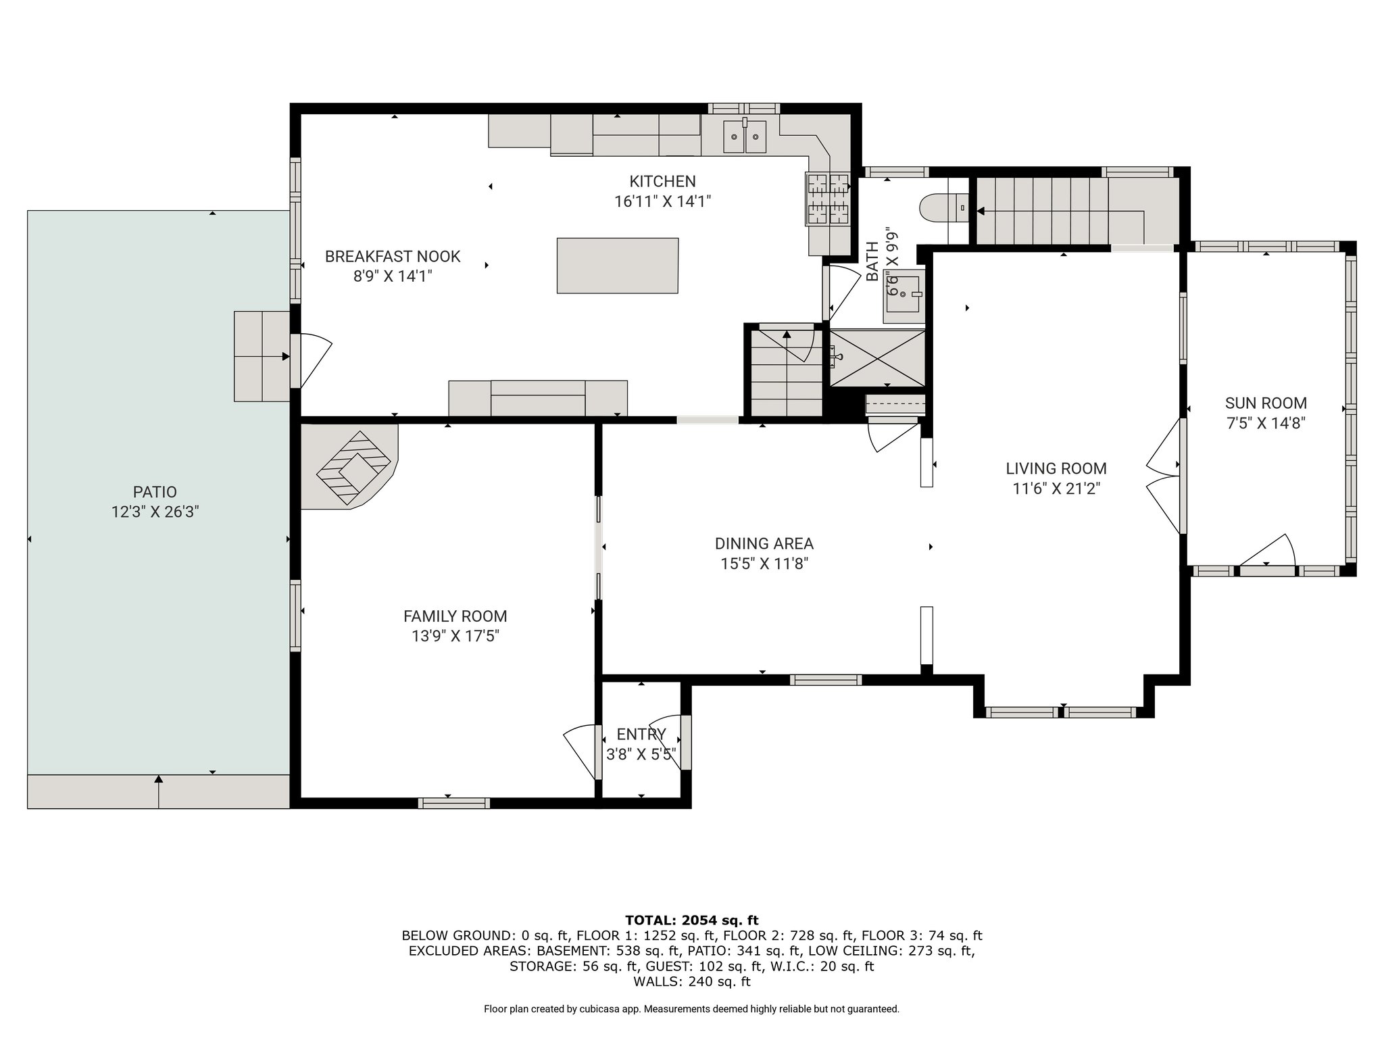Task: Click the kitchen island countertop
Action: pyautogui.click(x=617, y=266)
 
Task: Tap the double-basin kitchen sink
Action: pyautogui.click(x=745, y=137)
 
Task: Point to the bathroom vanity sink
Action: pyautogui.click(x=903, y=296)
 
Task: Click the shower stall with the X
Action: pyautogui.click(x=877, y=358)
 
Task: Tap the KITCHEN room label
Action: pyautogui.click(x=662, y=181)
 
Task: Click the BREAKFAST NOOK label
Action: pyautogui.click(x=393, y=257)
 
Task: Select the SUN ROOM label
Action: pyautogui.click(x=1266, y=403)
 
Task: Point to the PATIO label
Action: pyautogui.click(x=155, y=492)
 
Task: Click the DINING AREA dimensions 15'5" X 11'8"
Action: pyautogui.click(x=764, y=564)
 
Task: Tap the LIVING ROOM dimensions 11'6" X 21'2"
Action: pyautogui.click(x=1056, y=489)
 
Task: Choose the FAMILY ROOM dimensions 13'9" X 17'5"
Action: pyautogui.click(x=455, y=636)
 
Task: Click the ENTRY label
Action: pyautogui.click(x=641, y=735)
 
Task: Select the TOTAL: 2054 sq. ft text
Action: pyautogui.click(x=692, y=920)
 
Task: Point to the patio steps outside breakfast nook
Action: pyautogui.click(x=262, y=356)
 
